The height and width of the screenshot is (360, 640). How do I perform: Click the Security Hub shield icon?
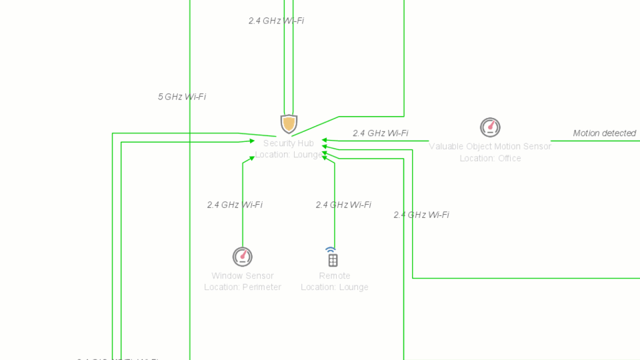289,123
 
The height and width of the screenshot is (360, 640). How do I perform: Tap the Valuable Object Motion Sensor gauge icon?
490,127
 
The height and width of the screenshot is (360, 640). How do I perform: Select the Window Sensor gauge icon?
243,256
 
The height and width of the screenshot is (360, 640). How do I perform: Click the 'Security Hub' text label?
288,143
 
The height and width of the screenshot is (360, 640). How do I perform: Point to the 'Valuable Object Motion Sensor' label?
490,147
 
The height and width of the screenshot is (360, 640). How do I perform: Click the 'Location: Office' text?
490,159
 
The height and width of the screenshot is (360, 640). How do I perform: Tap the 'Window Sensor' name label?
243,276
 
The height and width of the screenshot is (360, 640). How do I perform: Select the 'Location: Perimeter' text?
243,287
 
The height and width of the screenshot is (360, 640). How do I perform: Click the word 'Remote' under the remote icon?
335,276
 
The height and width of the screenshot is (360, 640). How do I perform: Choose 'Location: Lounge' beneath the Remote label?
335,287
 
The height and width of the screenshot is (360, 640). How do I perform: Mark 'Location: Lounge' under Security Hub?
288,155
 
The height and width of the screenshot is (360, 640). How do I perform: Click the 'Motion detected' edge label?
605,133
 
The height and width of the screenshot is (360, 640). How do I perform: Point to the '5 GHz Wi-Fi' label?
182,97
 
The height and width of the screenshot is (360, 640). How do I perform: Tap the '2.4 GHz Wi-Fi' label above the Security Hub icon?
276,21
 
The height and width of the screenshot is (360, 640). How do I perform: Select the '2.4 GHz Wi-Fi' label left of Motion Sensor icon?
381,133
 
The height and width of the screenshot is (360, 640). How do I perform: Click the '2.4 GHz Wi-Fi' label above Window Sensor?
235,205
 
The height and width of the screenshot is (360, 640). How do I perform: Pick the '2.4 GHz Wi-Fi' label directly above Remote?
343,205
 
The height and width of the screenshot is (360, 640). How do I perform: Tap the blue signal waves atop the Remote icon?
331,250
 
